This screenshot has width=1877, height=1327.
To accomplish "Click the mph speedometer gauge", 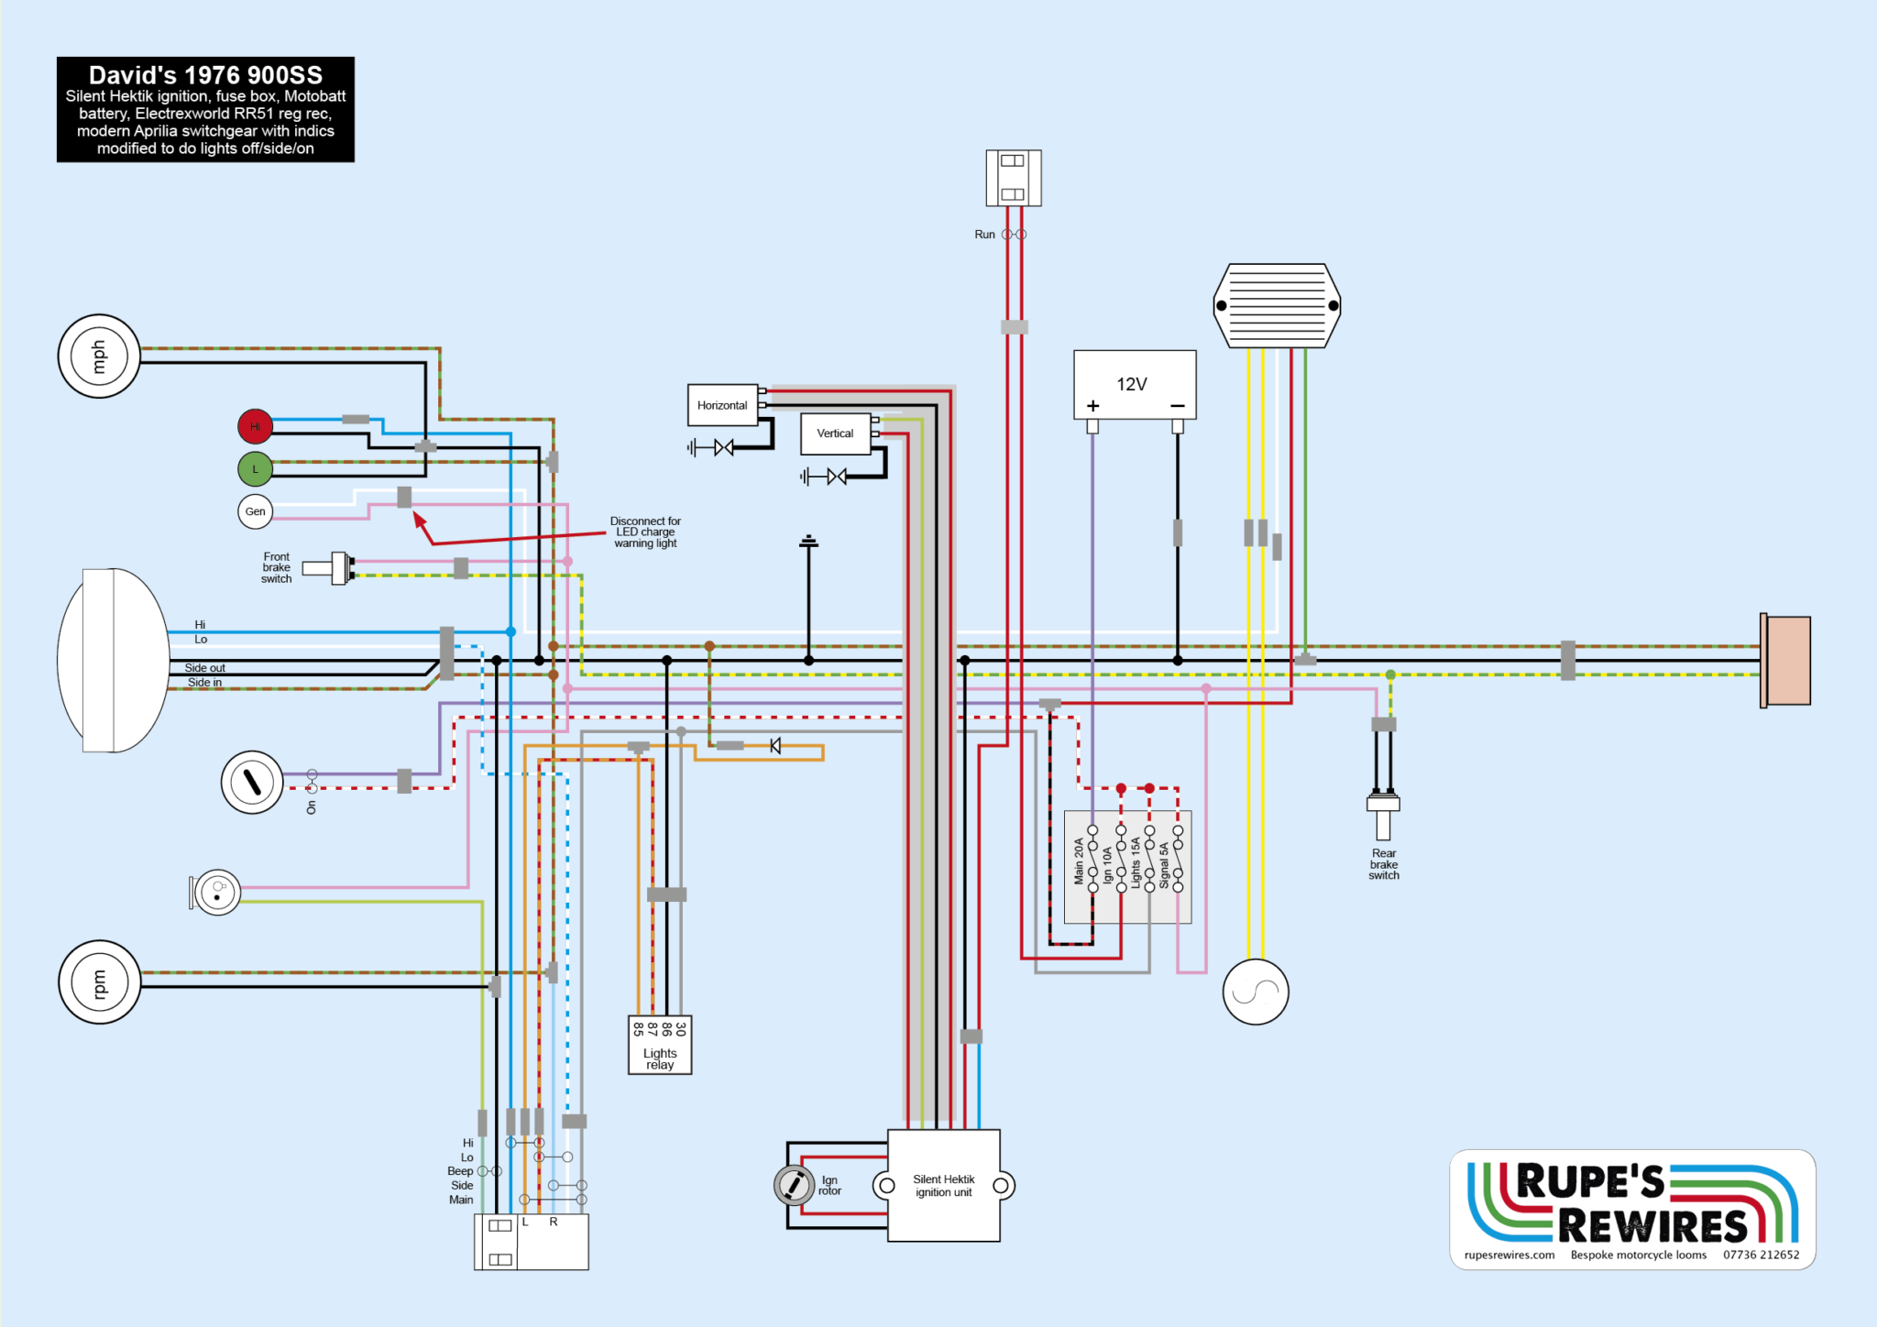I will (x=99, y=356).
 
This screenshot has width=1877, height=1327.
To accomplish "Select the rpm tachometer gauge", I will (x=99, y=982).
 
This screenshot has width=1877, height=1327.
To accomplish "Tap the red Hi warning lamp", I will (x=255, y=426).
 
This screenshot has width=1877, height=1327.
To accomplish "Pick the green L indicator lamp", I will (x=255, y=469).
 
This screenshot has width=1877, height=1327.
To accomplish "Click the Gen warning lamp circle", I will (x=255, y=511).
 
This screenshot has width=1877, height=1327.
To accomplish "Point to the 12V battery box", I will (x=1135, y=385).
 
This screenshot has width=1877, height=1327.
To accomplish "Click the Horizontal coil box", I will (x=722, y=405).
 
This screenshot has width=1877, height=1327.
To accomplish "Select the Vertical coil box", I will (x=835, y=433).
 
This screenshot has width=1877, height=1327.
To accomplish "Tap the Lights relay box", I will (x=660, y=1046).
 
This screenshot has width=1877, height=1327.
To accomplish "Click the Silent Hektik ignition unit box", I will (x=944, y=1186).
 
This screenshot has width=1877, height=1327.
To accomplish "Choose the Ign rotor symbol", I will (x=794, y=1185).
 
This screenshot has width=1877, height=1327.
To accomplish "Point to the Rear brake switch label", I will (x=1384, y=864).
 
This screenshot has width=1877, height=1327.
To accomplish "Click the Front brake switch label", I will (x=276, y=567).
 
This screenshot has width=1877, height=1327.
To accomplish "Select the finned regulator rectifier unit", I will (x=1277, y=306).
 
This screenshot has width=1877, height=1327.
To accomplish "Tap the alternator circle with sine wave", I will (x=1256, y=992).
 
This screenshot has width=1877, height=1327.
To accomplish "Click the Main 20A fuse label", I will (x=1079, y=861).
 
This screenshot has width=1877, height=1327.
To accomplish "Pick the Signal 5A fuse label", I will (x=1164, y=866).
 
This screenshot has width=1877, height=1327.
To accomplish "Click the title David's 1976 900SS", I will (x=205, y=75).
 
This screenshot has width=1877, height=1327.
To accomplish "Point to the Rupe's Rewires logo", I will (x=1632, y=1209).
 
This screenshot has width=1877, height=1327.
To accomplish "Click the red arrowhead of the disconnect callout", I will (x=419, y=519).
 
